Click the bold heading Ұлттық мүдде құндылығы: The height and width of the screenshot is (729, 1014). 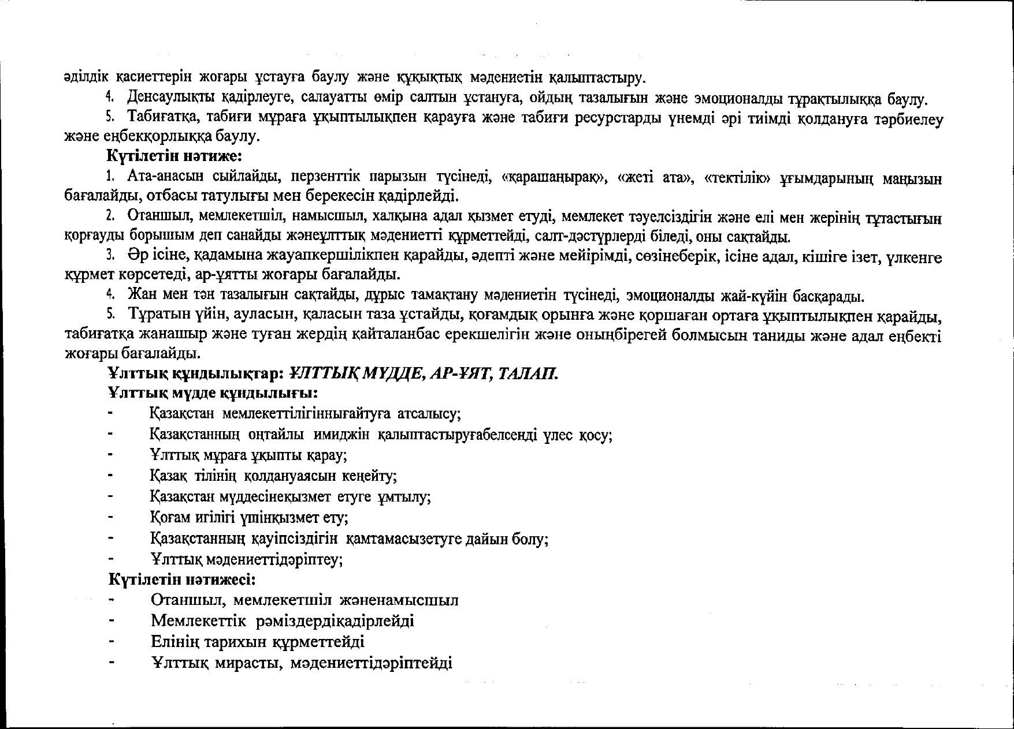pyautogui.click(x=214, y=394)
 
